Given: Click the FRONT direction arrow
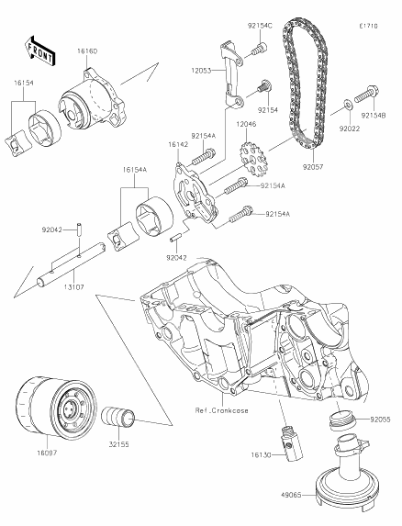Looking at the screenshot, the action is click(x=39, y=51).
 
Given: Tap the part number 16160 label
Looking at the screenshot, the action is click(x=87, y=51).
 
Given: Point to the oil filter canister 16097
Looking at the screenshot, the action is click(x=56, y=407).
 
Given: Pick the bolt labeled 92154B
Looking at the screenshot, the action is click(x=365, y=94).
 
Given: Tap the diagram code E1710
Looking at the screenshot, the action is click(x=368, y=26).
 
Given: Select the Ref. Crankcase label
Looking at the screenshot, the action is click(x=221, y=410).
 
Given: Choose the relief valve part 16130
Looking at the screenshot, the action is click(x=291, y=442).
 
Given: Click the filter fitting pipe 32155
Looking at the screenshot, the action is click(x=118, y=417).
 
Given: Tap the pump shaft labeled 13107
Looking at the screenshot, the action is click(x=72, y=264).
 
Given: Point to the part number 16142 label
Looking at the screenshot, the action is click(x=178, y=144).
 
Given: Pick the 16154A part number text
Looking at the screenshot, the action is click(x=134, y=170).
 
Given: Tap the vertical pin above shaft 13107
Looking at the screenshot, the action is click(x=80, y=229).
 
